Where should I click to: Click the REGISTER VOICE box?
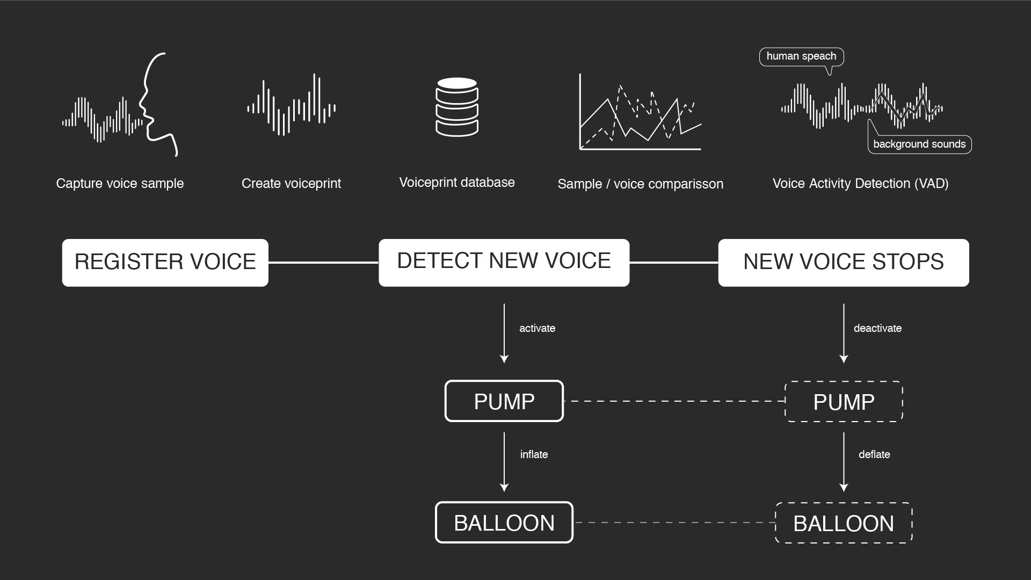tap(165, 263)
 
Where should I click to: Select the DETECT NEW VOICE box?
tap(504, 263)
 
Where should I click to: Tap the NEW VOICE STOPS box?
tap(844, 263)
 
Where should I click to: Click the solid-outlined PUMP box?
tap(504, 401)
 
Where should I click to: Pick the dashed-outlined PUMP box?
tap(844, 402)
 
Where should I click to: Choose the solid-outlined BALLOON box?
tap(504, 523)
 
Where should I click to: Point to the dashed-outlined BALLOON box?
tap(844, 523)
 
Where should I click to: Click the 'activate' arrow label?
tap(537, 328)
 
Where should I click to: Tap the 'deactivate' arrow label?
tap(877, 328)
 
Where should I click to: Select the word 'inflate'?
tap(534, 454)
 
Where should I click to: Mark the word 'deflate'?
tap(874, 454)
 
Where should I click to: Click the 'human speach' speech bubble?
tap(801, 56)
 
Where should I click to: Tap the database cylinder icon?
tap(457, 107)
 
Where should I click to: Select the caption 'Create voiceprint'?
tap(291, 184)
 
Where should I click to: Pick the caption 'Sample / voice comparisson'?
tap(640, 184)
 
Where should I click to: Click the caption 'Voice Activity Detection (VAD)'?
tap(860, 184)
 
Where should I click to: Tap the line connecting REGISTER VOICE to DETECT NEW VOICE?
tap(323, 263)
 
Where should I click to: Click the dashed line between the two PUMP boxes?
tap(674, 401)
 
